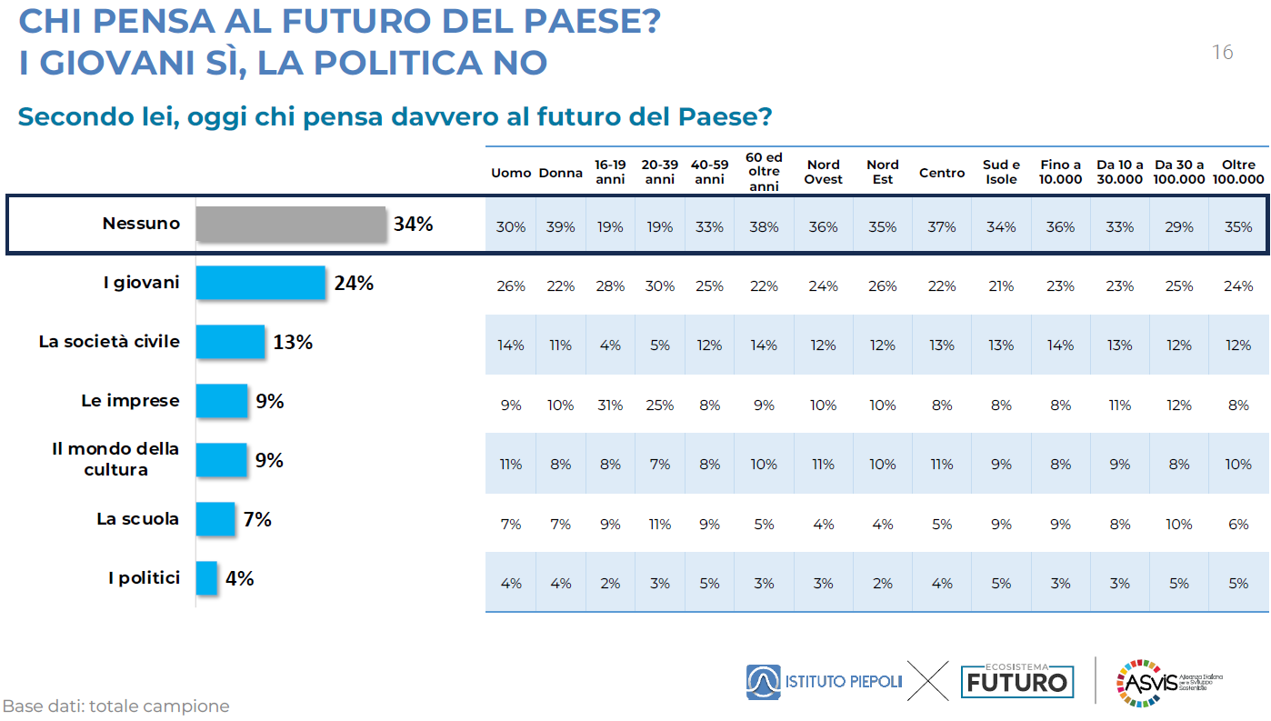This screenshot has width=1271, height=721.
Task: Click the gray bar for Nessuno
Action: pyautogui.click(x=291, y=225)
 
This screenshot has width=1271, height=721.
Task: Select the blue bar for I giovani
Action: pyautogui.click(x=261, y=283)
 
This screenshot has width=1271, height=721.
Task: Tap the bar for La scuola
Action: pyautogui.click(x=215, y=519)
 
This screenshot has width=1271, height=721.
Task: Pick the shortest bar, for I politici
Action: pyautogui.click(x=207, y=578)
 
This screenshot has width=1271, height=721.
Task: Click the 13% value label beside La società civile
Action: pyautogui.click(x=293, y=342)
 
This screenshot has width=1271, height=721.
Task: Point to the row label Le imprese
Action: pyautogui.click(x=130, y=401)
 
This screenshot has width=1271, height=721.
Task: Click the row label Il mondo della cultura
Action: pyautogui.click(x=115, y=459)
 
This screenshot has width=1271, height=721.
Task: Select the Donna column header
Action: pyautogui.click(x=560, y=173)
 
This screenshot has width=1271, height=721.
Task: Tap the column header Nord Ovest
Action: pyautogui.click(x=823, y=172)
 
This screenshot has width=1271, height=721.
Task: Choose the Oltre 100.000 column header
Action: pyautogui.click(x=1238, y=172)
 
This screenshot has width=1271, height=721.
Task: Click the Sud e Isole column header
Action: pyautogui.click(x=1001, y=172)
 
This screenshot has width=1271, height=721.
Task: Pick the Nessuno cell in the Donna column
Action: pyautogui.click(x=561, y=227)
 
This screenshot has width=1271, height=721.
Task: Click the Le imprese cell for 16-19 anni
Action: pyautogui.click(x=610, y=406)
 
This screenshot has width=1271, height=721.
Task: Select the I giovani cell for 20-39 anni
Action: pyautogui.click(x=660, y=286)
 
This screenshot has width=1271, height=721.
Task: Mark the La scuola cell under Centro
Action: pyautogui.click(x=942, y=524)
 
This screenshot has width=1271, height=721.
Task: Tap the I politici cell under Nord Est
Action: pyautogui.click(x=882, y=583)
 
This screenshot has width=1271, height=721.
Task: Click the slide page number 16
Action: pyautogui.click(x=1223, y=53)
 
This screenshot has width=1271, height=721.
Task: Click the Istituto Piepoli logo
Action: pyautogui.click(x=824, y=682)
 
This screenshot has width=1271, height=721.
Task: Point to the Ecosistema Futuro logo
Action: pyautogui.click(x=1016, y=680)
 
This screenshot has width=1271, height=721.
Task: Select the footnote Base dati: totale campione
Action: pyautogui.click(x=115, y=706)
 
